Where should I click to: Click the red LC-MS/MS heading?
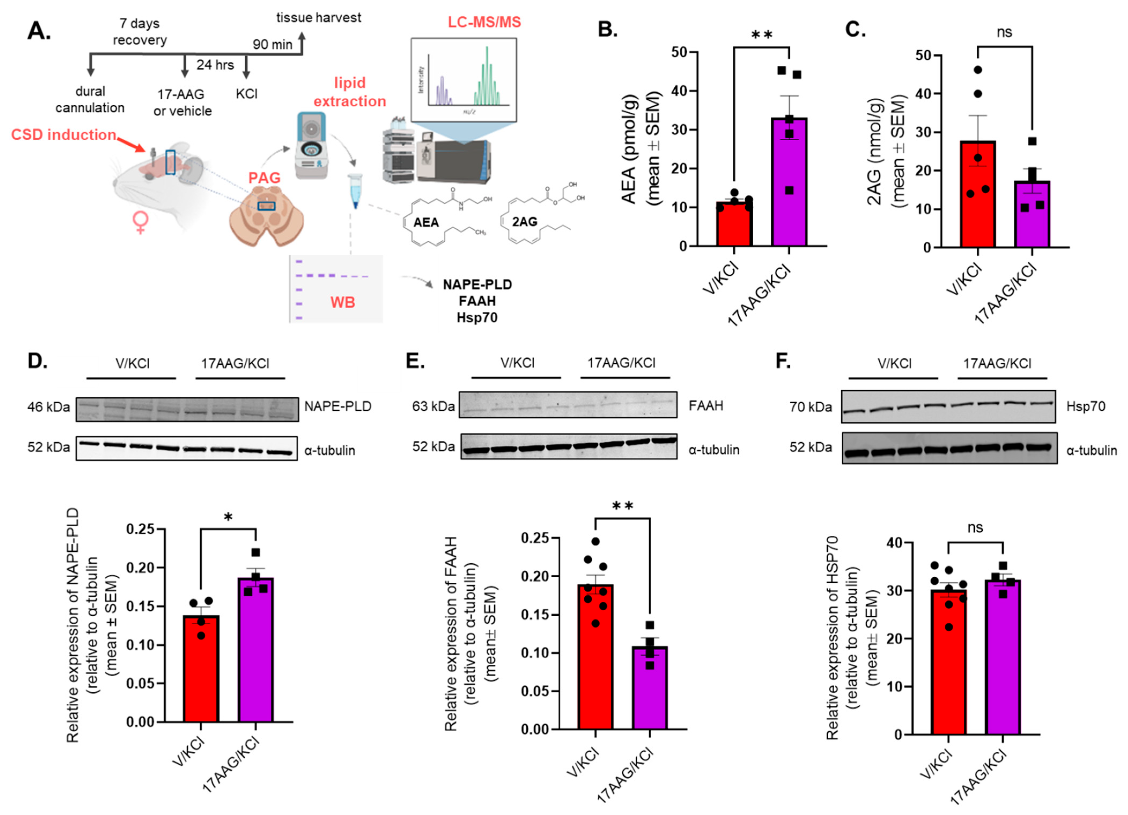tap(484, 22)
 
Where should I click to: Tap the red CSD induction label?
tap(64, 135)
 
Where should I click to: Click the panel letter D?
tap(37, 361)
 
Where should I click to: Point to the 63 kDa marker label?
tap(433, 406)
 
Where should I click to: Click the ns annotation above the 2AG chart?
tap(1004, 32)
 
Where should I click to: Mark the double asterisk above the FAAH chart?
tap(622, 506)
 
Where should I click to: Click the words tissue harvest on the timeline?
tap(318, 18)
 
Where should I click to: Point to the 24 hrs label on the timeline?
tap(215, 65)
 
